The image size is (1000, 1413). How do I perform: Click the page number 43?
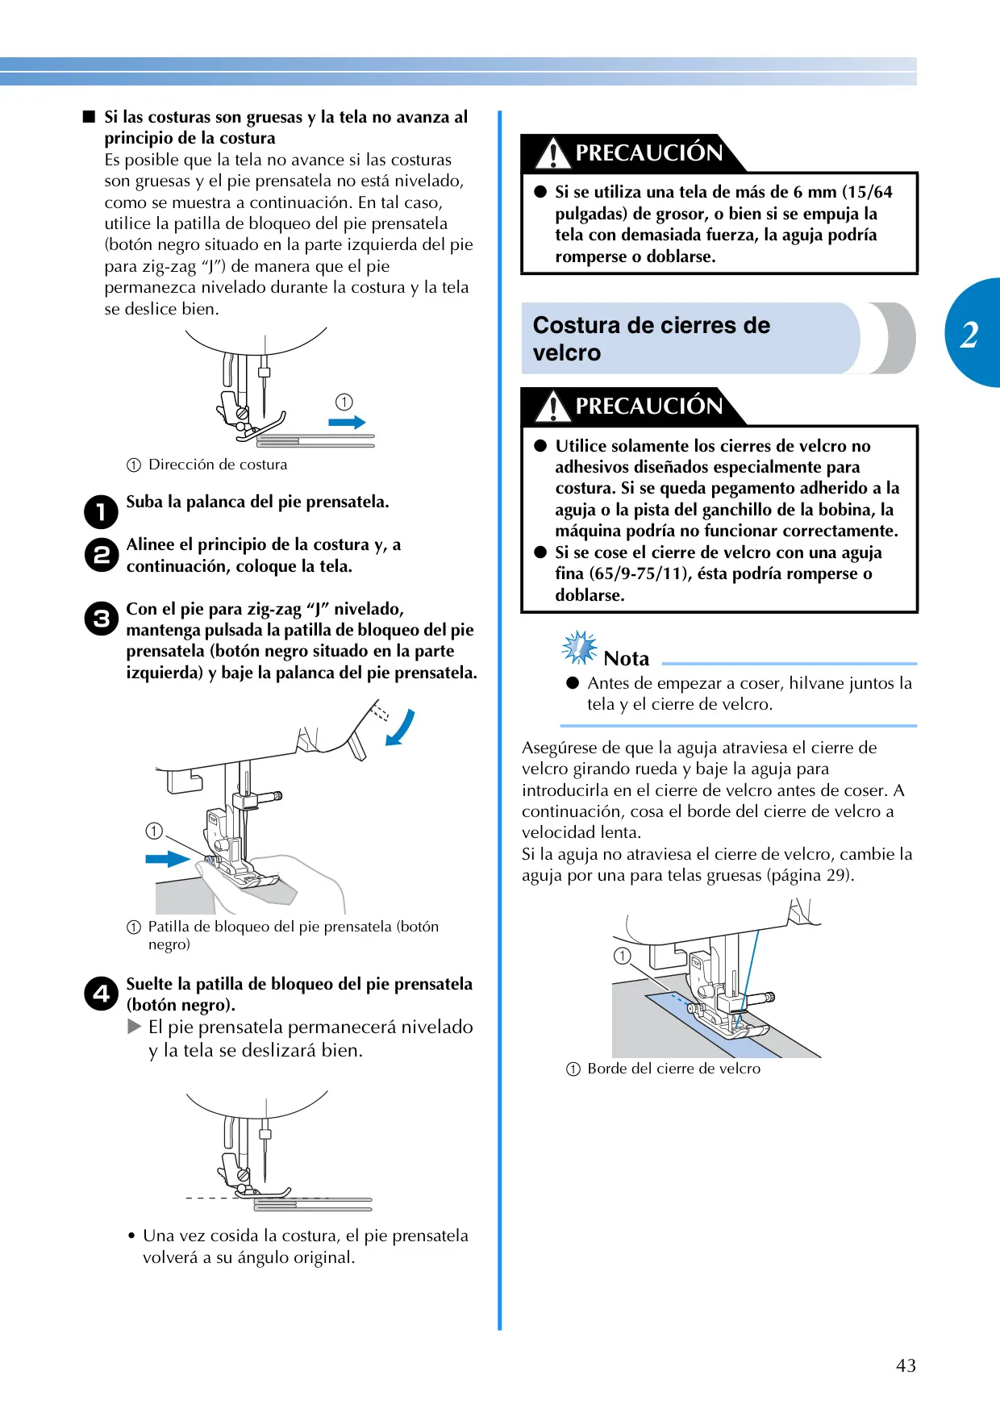pyautogui.click(x=906, y=1365)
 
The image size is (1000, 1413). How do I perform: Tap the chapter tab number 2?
pyautogui.click(x=969, y=334)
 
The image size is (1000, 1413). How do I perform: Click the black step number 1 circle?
pyautogui.click(x=101, y=511)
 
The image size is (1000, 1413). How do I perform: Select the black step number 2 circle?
pyautogui.click(x=101, y=554)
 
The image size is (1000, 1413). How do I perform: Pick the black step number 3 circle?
pyautogui.click(x=101, y=619)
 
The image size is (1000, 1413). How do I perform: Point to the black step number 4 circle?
pyautogui.click(x=101, y=994)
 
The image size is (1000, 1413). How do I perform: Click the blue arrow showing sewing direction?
pyautogui.click(x=348, y=422)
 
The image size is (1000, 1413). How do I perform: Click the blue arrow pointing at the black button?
pyautogui.click(x=168, y=858)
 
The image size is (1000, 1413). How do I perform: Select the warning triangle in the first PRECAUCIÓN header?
pyautogui.click(x=552, y=153)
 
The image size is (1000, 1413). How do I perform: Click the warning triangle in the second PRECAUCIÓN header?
pyautogui.click(x=552, y=406)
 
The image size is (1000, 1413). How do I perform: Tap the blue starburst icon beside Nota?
pyautogui.click(x=580, y=648)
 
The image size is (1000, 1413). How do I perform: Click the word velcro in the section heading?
pyautogui.click(x=567, y=353)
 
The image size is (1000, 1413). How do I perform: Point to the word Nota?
pyautogui.click(x=627, y=659)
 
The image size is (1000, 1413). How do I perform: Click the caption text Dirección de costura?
pyautogui.click(x=218, y=465)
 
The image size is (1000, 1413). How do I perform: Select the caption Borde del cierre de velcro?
pyautogui.click(x=674, y=1069)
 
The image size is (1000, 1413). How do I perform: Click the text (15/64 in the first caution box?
pyautogui.click(x=868, y=192)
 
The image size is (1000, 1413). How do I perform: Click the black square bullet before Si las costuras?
pyautogui.click(x=89, y=117)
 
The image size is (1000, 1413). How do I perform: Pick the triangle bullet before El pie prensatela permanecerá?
pyautogui.click(x=135, y=1027)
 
